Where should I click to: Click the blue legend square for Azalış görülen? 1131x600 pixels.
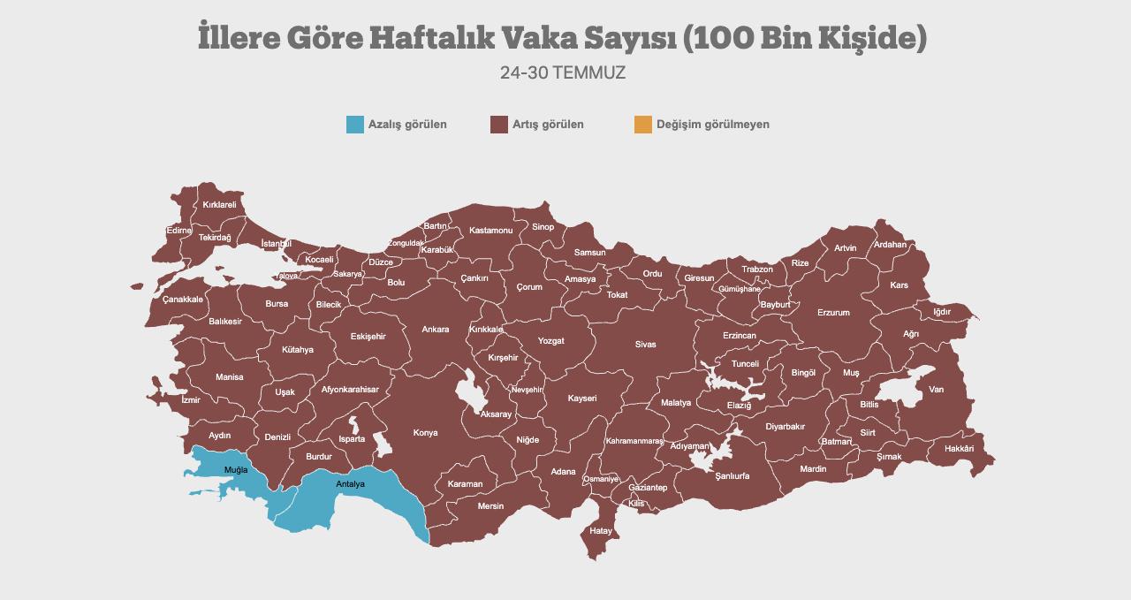[354, 125]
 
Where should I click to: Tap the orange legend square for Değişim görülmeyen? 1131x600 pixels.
[642, 125]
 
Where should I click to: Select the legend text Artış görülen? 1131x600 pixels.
[548, 125]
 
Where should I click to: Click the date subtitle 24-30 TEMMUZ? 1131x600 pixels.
[563, 73]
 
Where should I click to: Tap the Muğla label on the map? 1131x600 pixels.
[236, 469]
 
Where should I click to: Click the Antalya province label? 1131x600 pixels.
[350, 484]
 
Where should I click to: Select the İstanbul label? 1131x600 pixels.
[277, 244]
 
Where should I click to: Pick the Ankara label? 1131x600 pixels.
[435, 330]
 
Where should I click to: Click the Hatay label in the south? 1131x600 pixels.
[601, 531]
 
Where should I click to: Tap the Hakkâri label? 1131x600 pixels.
[959, 449]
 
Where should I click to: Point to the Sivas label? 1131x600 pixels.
[645, 345]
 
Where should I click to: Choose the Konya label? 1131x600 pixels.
[425, 433]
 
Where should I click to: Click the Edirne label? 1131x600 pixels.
[178, 231]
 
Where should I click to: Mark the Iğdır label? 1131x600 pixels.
[942, 312]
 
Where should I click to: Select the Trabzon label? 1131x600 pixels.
[757, 270]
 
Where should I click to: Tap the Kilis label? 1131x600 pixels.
[636, 504]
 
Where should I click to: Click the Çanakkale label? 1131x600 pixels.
[183, 300]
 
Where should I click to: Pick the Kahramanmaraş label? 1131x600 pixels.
[634, 441]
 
